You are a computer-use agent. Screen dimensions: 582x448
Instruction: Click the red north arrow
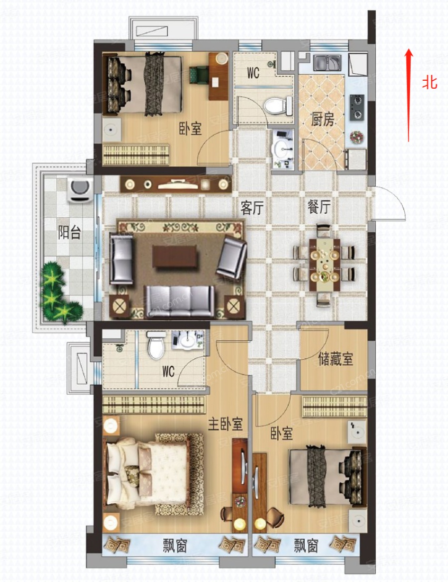pos(409,95)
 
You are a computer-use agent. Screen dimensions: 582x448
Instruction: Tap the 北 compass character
pos(430,82)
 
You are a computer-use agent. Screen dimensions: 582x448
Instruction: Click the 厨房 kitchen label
pos(322,120)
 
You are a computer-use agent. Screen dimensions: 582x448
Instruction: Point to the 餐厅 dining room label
pos(318,208)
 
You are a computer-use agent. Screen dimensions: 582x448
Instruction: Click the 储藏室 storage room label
pos(336,359)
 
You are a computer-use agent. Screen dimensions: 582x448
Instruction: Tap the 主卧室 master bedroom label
pos(225,425)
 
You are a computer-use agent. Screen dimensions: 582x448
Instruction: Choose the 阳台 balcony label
pos(69,232)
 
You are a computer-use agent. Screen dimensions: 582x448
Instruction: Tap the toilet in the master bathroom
pos(156,346)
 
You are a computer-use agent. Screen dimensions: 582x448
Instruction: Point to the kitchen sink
pos(327,62)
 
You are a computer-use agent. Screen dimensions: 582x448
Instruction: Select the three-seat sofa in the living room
pos(179,301)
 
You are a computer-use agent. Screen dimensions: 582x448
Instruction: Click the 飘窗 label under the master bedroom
pos(175,547)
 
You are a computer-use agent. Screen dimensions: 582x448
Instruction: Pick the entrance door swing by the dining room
pos(389,204)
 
